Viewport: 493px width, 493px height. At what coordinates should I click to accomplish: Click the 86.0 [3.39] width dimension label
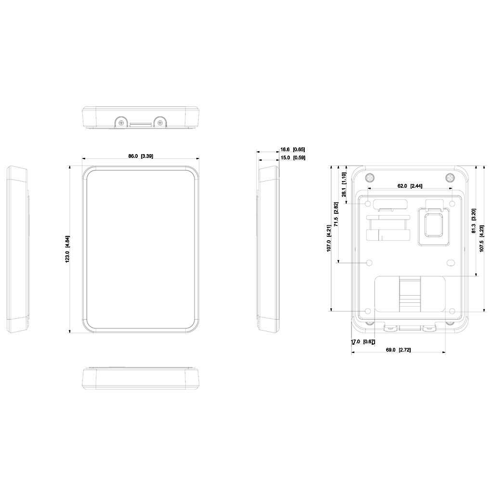click(141, 156)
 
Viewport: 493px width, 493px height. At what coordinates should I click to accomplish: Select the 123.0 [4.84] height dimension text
click(67, 249)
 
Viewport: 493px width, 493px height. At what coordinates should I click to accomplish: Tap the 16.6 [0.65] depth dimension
click(292, 149)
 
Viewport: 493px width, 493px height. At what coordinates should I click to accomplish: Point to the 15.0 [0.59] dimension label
click(293, 157)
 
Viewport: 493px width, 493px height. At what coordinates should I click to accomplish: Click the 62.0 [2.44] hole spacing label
click(410, 186)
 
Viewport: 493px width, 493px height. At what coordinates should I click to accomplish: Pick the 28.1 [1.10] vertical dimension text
click(344, 184)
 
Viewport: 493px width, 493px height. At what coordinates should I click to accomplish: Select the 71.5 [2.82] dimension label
click(336, 214)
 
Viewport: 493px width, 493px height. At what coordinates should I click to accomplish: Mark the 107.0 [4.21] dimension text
click(328, 238)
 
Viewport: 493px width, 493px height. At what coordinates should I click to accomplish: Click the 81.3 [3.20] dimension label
click(474, 221)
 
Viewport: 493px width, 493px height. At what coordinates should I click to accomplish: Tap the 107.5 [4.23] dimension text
click(481, 238)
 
